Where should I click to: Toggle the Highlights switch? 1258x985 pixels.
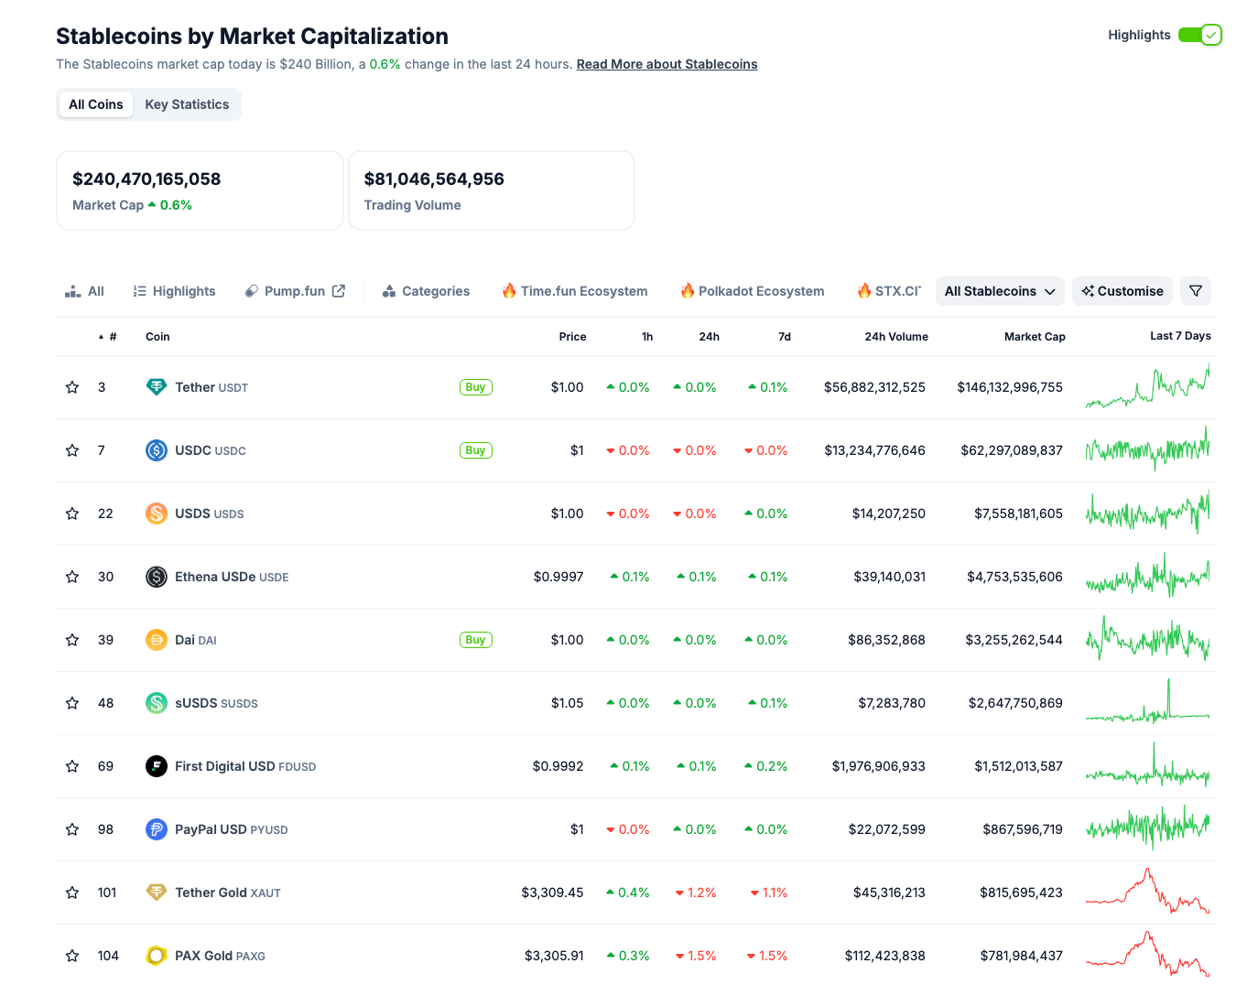[1199, 35]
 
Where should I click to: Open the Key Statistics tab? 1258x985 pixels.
[187, 104]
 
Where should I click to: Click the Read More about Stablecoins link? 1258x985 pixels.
[667, 64]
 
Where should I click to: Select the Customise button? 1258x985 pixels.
[1122, 291]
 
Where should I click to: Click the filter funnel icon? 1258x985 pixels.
[1195, 291]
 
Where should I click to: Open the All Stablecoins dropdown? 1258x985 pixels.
[999, 291]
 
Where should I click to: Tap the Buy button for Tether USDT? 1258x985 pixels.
[475, 387]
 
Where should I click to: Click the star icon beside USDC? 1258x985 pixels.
[72, 450]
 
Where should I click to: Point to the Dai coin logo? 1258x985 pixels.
[157, 640]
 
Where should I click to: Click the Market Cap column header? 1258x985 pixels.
[1034, 337]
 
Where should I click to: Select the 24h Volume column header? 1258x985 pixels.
[895, 337]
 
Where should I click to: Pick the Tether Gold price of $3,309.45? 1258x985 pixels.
[552, 893]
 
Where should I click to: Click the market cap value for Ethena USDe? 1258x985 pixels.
[1014, 577]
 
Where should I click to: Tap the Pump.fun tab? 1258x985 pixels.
[295, 291]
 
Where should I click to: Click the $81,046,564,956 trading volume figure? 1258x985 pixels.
[434, 179]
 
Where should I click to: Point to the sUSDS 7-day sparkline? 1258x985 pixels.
[1147, 703]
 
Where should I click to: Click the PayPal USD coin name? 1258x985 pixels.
[211, 829]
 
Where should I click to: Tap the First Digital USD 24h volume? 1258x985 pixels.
[878, 766]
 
